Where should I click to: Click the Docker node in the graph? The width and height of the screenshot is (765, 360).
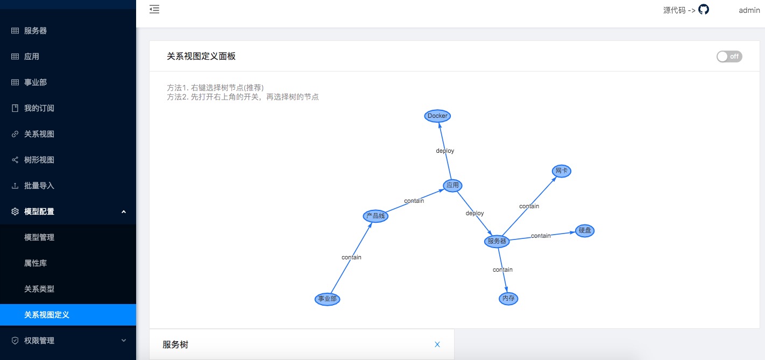437,116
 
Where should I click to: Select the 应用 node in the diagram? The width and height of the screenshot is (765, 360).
452,186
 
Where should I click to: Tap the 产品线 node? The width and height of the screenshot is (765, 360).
376,216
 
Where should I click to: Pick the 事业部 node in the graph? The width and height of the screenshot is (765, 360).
327,299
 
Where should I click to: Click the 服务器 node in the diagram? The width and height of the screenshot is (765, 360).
497,241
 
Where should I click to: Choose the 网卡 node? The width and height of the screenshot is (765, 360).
562,171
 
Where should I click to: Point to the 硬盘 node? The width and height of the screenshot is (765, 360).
585,230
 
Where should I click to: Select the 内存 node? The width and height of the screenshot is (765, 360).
508,298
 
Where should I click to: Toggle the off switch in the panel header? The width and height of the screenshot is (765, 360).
729,57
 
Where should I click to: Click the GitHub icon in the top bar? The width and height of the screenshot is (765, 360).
704,9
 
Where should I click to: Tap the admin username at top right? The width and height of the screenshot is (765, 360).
749,10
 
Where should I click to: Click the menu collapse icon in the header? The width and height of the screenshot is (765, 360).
154,9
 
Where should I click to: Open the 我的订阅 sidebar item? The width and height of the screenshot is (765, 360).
39,108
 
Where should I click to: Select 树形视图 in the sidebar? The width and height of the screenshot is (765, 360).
39,160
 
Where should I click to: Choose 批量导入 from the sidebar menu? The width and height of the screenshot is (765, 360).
39,186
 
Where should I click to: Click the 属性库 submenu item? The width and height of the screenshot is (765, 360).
36,263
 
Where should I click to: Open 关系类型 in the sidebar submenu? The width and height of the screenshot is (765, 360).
39,289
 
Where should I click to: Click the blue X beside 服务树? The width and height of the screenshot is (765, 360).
437,344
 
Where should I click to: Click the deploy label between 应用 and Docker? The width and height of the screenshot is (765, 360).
445,151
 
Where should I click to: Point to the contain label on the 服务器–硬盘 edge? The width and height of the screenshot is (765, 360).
541,236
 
